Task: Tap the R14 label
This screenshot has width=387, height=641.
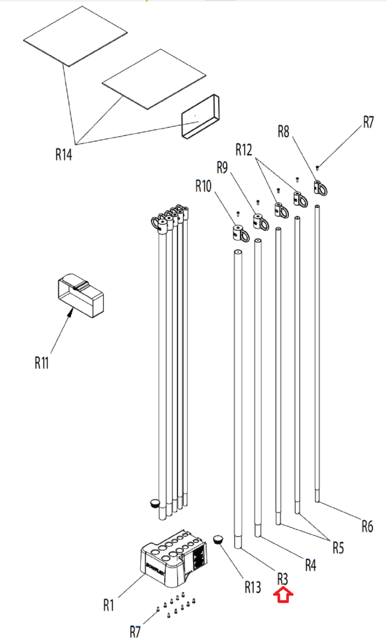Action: (64, 154)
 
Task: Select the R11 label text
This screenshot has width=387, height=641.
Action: (42, 363)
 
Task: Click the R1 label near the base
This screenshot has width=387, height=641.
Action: (109, 605)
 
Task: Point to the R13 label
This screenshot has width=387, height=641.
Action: (253, 587)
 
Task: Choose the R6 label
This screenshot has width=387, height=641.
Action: (367, 526)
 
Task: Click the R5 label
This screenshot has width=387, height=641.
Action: (338, 547)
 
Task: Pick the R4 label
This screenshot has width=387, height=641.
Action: (310, 565)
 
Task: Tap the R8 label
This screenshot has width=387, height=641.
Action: (283, 131)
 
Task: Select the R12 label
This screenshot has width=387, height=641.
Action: (244, 150)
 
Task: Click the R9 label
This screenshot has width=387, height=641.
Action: (222, 167)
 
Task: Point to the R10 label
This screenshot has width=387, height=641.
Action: (203, 186)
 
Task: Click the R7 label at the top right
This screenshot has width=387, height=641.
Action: (368, 122)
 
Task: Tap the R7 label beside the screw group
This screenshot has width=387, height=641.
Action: (135, 632)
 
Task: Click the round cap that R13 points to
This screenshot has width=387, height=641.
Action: (219, 539)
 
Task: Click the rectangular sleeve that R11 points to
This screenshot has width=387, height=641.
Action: (81, 295)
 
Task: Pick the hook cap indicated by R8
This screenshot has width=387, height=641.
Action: (320, 187)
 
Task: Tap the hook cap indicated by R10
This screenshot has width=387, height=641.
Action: (240, 233)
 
